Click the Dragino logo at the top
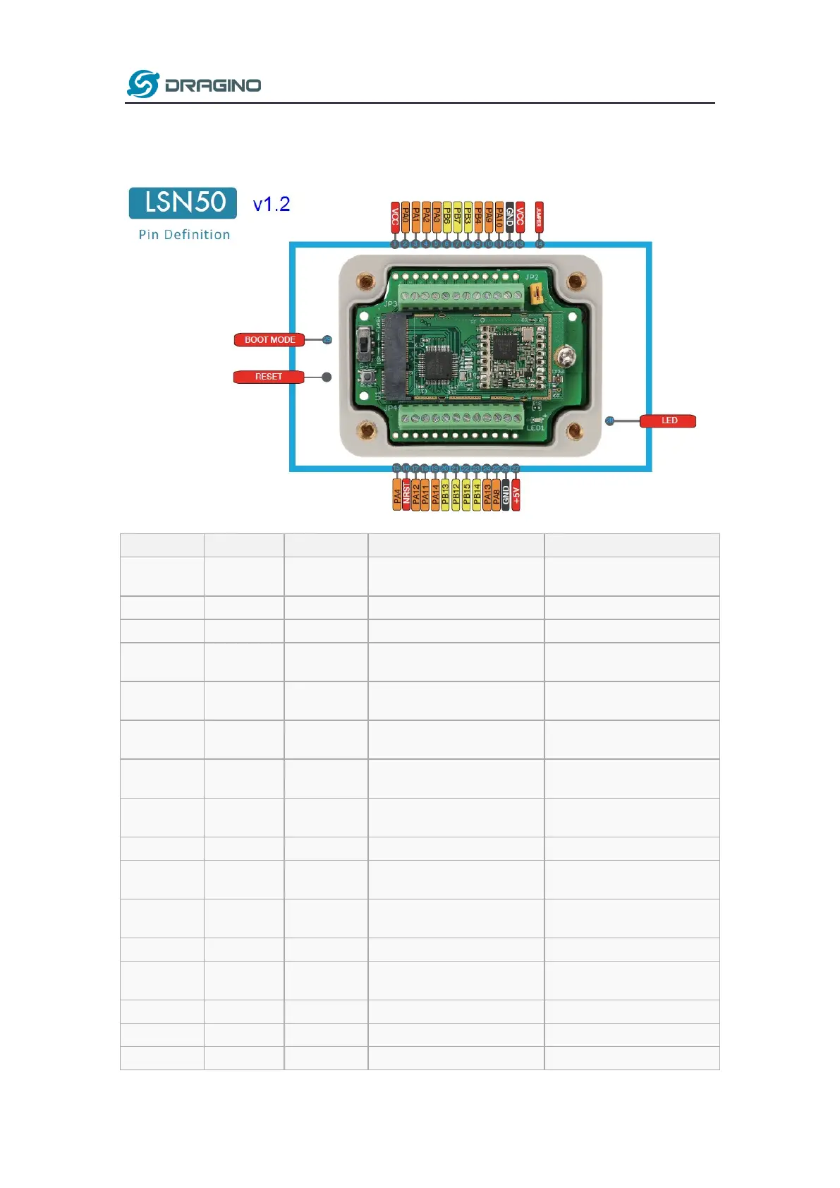194,85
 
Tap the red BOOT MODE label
269,340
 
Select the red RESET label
269,377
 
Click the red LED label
668,421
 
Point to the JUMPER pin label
539,217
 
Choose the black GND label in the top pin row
509,217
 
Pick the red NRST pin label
406,495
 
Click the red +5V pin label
516,495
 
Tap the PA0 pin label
406,217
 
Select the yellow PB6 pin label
447,217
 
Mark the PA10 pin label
499,217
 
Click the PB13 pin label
446,495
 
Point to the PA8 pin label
497,495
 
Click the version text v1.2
272,205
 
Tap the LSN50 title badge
183,203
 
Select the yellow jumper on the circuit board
537,293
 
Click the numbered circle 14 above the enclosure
539,244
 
